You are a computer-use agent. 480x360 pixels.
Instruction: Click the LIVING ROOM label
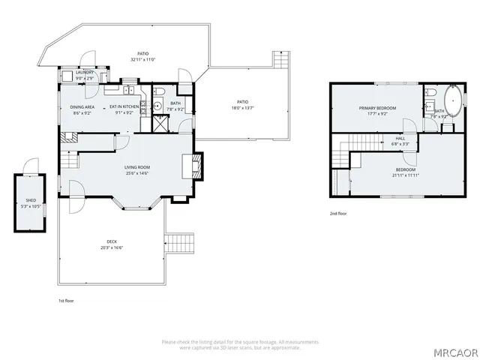(x=137, y=167)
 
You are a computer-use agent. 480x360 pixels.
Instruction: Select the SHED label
(x=31, y=200)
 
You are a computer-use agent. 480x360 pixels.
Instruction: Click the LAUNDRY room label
(x=85, y=73)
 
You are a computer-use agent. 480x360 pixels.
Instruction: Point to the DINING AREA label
(x=83, y=107)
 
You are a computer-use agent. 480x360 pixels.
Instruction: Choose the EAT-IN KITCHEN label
(x=124, y=107)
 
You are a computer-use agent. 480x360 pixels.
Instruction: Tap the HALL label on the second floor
(x=400, y=138)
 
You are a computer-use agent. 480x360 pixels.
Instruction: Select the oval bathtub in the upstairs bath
(x=454, y=100)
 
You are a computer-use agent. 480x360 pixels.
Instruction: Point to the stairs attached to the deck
(x=179, y=242)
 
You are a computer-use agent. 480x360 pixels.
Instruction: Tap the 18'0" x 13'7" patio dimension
(x=242, y=108)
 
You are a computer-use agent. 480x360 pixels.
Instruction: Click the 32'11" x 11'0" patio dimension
(x=142, y=60)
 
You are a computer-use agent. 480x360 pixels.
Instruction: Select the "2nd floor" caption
(x=338, y=213)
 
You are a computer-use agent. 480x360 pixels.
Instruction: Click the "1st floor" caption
(x=67, y=301)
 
